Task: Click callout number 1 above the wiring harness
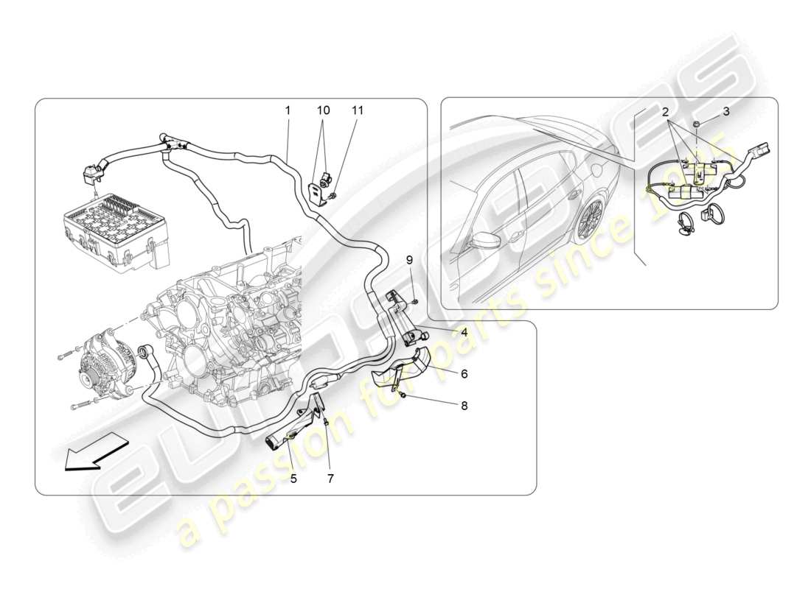pos(288,110)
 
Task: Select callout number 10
pos(324,110)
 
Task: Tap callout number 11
pos(358,110)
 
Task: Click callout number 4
pos(464,332)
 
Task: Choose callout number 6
pos(464,374)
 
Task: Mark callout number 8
pos(464,405)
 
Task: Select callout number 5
pos(293,478)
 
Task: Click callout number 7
pos(330,478)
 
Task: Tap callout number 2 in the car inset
pos(665,112)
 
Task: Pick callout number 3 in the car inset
pos(725,112)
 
